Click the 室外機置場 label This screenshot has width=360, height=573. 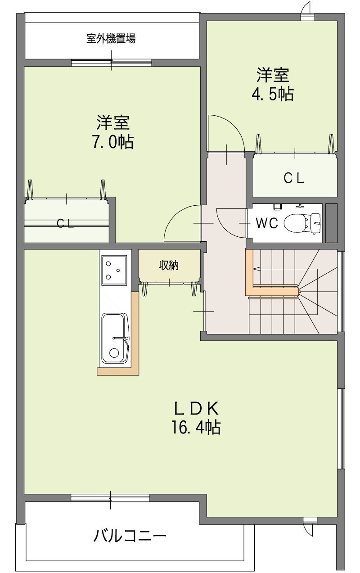pos(111,39)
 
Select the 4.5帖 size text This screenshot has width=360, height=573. pos(273,94)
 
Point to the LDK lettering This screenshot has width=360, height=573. pos(196,409)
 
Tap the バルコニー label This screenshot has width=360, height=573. pos(130,536)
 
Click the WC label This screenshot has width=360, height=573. pos(267,223)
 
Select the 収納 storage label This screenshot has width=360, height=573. pos(169,265)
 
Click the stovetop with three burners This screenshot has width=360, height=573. pos(114,270)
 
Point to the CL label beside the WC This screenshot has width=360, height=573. pos(293,178)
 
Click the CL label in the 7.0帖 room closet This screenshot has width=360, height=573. pos(65,224)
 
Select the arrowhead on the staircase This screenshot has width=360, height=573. pos(256,269)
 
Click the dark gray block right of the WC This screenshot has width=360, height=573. pos(331,223)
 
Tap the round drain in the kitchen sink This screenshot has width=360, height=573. pos(114,353)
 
